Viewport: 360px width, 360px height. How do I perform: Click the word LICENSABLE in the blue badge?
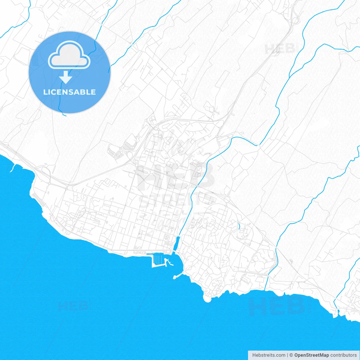coord(69,92)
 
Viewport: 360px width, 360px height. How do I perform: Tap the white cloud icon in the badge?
coord(69,55)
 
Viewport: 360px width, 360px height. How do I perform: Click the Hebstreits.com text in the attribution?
coord(269,355)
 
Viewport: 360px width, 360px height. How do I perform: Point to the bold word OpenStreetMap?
coord(311,355)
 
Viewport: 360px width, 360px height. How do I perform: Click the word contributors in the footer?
coord(343,355)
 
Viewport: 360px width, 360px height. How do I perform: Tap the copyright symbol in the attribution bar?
coord(291,355)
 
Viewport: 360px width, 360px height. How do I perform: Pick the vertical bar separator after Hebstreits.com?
coord(287,355)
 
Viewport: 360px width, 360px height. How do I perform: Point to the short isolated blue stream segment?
coord(239,226)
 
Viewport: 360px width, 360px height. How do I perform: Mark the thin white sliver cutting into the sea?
coord(12,169)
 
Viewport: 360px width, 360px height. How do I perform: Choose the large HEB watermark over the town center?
coord(176,176)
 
